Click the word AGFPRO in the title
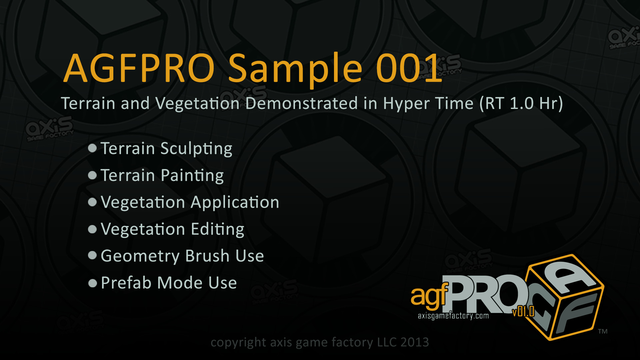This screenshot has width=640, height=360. (139, 68)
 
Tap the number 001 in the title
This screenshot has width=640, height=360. (409, 68)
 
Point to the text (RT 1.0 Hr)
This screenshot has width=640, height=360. (521, 103)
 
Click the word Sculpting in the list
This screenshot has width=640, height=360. (196, 149)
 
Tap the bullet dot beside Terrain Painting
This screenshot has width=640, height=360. (92, 175)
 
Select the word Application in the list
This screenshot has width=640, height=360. (235, 203)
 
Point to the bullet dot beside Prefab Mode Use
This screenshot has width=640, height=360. (92, 283)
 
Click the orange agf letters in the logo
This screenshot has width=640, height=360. (429, 296)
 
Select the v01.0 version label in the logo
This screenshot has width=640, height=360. (524, 312)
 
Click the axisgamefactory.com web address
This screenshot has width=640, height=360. (453, 316)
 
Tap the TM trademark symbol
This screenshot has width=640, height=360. (603, 331)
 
